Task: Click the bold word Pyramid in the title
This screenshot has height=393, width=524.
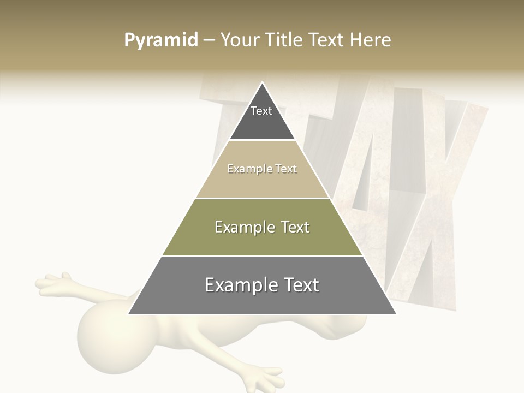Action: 160,40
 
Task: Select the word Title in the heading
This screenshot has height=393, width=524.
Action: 283,40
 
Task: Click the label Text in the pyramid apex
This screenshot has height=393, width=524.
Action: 261,111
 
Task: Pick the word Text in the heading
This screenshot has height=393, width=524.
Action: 327,40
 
